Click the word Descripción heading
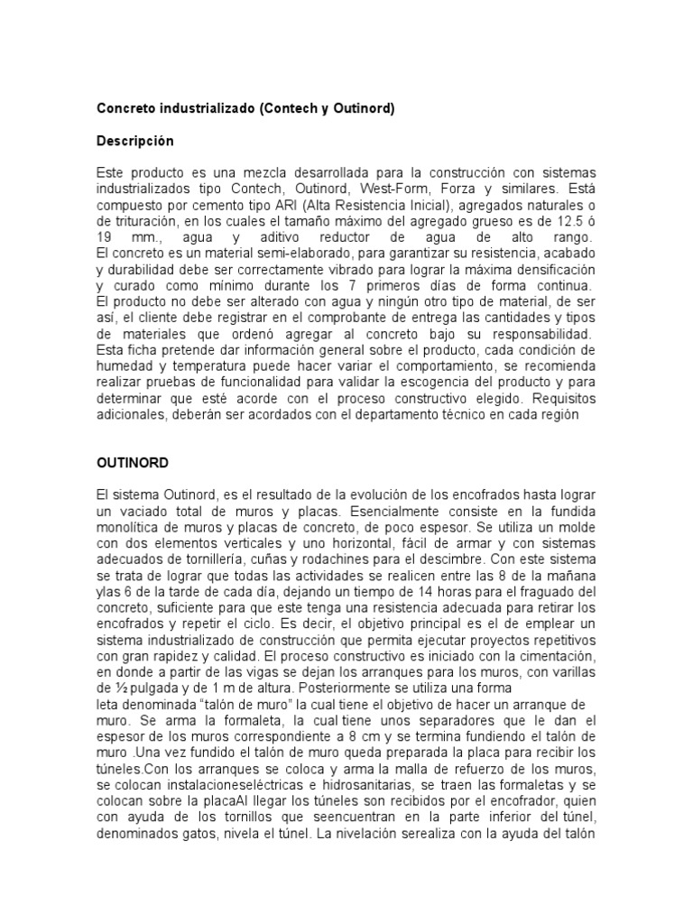pyautogui.click(x=135, y=142)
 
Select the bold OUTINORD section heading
pyautogui.click(x=133, y=462)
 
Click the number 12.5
pyautogui.click(x=564, y=221)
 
